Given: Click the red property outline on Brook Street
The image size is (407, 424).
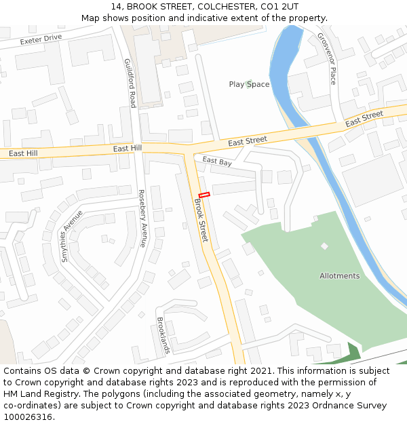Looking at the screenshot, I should (x=204, y=195).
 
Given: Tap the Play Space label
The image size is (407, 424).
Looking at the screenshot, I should (x=249, y=85).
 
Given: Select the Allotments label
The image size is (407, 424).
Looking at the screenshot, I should (x=339, y=276).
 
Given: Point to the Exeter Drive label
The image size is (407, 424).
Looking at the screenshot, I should (x=41, y=39).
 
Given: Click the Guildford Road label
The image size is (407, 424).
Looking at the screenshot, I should (x=130, y=83).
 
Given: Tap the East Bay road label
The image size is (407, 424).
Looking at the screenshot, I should (x=217, y=161).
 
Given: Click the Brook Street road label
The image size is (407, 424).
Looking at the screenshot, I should (x=201, y=220).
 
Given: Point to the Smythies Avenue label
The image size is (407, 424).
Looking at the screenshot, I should (x=71, y=236).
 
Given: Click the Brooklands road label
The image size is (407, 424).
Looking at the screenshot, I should (x=163, y=336).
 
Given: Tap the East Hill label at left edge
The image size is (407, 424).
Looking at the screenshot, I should (x=23, y=154).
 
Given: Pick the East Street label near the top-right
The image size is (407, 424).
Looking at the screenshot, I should (x=364, y=119).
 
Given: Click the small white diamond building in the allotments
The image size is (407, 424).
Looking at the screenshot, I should (x=324, y=246).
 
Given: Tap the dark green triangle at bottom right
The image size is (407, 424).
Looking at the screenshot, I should (x=352, y=352).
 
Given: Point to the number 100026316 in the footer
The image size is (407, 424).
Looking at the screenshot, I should (x=28, y=417).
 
